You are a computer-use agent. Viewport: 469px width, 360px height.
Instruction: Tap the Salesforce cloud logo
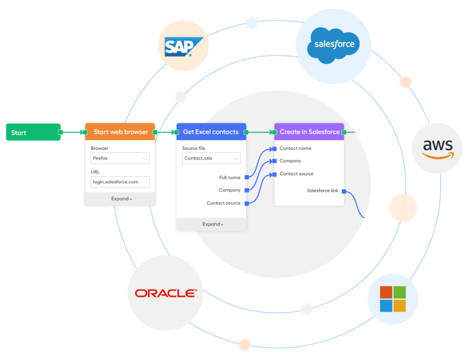click(x=334, y=45)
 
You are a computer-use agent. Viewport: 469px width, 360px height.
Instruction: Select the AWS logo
click(x=437, y=148)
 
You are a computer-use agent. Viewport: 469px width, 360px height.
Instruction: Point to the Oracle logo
click(x=165, y=293)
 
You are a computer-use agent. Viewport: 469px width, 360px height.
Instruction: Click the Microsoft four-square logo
click(x=393, y=299)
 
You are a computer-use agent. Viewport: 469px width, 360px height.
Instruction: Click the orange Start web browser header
click(x=121, y=132)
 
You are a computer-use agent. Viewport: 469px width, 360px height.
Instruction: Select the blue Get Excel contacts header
click(x=211, y=132)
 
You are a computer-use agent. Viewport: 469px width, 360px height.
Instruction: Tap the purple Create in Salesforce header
click(x=309, y=132)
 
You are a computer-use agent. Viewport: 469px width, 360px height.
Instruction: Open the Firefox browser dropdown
click(x=120, y=158)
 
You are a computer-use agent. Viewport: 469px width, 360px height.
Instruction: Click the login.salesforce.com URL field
click(x=120, y=182)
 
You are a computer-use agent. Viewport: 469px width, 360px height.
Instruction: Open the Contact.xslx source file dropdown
click(x=211, y=158)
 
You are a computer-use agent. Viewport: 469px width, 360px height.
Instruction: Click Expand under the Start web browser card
click(x=121, y=199)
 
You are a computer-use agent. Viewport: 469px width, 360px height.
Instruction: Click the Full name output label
click(x=229, y=178)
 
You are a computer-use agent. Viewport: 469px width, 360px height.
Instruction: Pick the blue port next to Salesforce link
click(x=344, y=191)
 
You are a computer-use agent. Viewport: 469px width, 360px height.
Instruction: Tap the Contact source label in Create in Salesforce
click(x=296, y=174)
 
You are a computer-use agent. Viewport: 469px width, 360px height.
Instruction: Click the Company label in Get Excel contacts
click(x=229, y=190)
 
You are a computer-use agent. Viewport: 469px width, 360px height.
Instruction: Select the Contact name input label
click(x=295, y=149)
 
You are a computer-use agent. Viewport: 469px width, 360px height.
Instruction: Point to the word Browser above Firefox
click(x=99, y=149)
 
